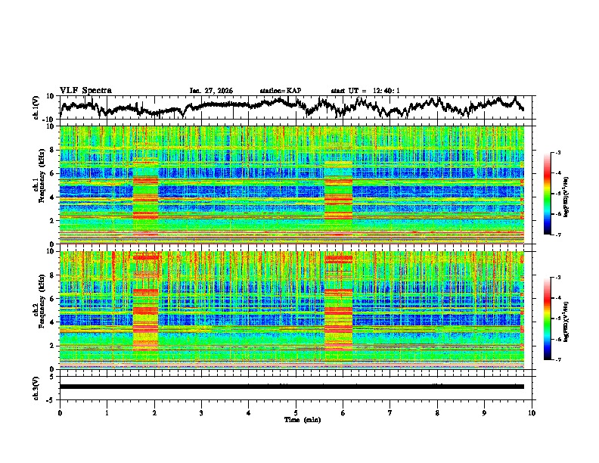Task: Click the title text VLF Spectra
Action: [x=85, y=90]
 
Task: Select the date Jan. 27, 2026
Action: [x=211, y=91]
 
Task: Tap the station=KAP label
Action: [x=280, y=91]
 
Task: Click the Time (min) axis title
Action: [x=296, y=419]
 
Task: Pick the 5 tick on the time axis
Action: [x=296, y=412]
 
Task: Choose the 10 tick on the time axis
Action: [x=532, y=412]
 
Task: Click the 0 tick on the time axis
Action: [x=60, y=412]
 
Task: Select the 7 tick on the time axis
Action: [x=390, y=412]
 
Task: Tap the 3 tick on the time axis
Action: [x=201, y=412]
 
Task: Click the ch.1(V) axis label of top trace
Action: [x=36, y=107]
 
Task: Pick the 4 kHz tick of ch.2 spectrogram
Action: [x=54, y=322]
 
